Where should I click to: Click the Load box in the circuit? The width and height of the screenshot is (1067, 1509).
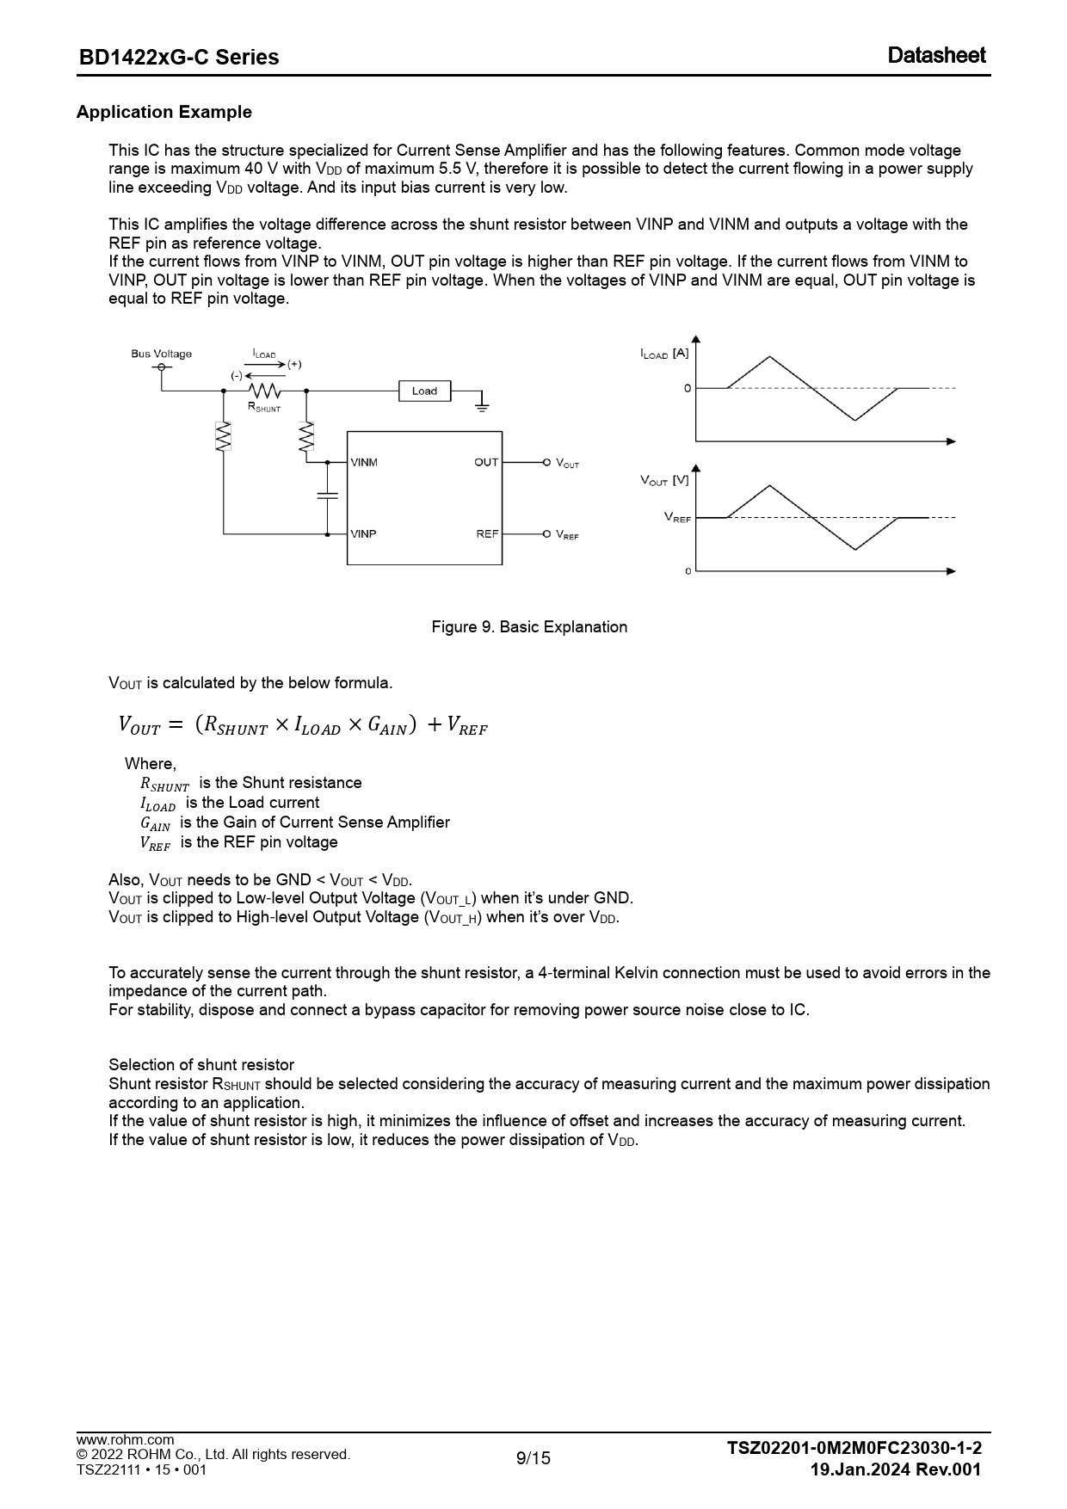(424, 391)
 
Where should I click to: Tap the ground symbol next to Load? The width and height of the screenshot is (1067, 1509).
(482, 402)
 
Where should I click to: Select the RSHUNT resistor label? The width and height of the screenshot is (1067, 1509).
(264, 408)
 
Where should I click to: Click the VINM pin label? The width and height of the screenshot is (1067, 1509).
(364, 463)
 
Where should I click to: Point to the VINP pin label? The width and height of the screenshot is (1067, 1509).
(363, 534)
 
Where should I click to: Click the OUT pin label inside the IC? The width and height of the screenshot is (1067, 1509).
(486, 463)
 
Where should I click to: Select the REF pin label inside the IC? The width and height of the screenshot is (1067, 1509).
(487, 534)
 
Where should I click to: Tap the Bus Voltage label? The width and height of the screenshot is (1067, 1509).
(161, 354)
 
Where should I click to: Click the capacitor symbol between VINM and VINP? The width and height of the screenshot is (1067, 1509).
(327, 496)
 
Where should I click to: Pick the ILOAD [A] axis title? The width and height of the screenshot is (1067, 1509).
(664, 354)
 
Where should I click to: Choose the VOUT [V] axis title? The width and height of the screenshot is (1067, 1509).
(664, 480)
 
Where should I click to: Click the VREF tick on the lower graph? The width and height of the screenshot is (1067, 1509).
(677, 518)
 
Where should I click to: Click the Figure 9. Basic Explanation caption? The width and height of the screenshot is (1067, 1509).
(529, 627)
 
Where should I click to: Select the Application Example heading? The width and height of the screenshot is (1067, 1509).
(164, 112)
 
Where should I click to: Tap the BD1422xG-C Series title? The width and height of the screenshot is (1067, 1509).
(179, 57)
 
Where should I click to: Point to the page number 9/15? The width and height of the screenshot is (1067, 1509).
(533, 1457)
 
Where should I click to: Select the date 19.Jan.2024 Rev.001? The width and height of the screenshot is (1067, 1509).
(895, 1469)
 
